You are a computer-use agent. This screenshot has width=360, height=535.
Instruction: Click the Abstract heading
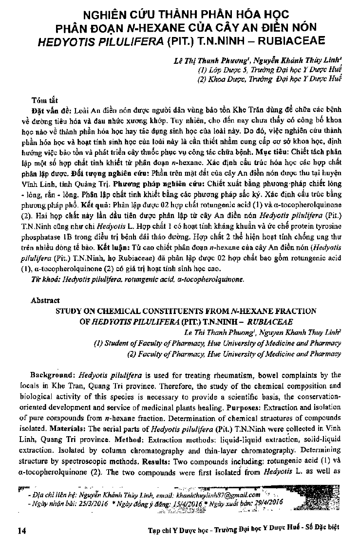click(45, 301)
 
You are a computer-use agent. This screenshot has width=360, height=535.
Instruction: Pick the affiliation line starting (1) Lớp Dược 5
click(269, 71)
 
